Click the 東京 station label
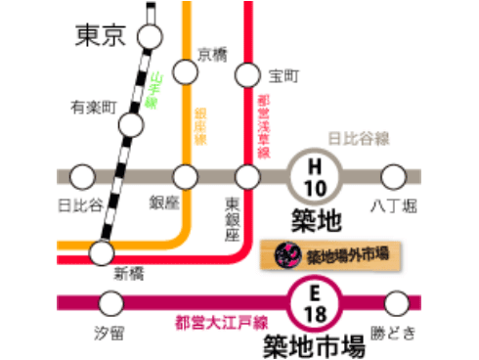[x=102, y=37]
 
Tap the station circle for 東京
[x=150, y=37]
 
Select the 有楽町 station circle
[x=131, y=124]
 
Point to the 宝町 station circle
[x=248, y=74]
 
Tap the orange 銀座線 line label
[x=200, y=126]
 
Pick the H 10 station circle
[x=315, y=177]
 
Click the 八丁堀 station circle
[x=393, y=177]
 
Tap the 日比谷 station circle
[x=83, y=177]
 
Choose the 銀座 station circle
[x=186, y=177]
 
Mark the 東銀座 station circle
[x=248, y=177]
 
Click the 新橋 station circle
[x=102, y=252]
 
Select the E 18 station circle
[x=315, y=302]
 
